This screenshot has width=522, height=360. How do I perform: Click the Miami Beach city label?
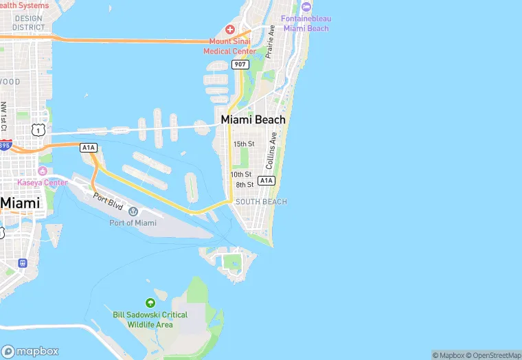(253, 120)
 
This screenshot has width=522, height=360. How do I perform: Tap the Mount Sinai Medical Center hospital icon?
(229, 30)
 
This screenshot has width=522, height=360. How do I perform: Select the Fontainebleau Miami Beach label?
(306, 23)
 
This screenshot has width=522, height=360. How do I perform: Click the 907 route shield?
(239, 64)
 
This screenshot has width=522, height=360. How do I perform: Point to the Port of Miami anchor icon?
(133, 211)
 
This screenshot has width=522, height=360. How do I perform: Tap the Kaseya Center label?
(43, 182)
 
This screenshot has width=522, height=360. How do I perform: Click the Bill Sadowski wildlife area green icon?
(150, 303)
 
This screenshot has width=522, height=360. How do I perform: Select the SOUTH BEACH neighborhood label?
(261, 202)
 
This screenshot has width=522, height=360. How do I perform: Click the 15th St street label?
(244, 144)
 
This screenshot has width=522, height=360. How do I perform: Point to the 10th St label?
(241, 175)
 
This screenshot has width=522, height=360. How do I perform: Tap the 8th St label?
(245, 185)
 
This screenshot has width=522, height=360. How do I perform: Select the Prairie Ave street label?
(271, 42)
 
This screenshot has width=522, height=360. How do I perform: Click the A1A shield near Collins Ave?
(266, 181)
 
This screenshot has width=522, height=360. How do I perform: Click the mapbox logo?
(30, 350)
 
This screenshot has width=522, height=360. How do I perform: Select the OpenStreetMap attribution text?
(492, 355)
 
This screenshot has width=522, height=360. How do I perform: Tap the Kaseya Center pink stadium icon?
(43, 170)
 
